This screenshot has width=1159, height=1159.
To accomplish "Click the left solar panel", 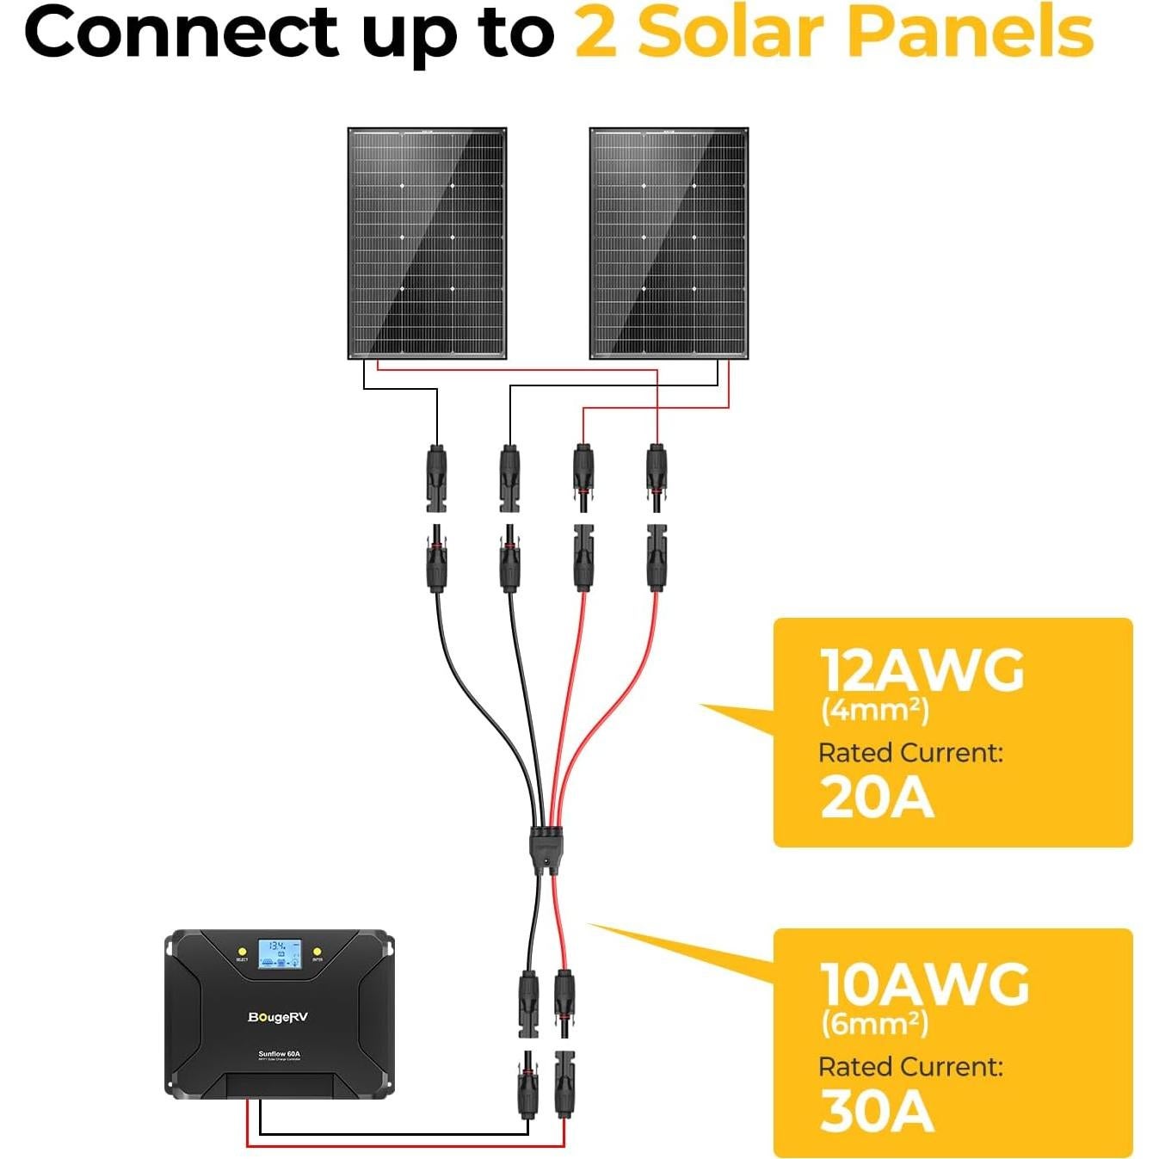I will (x=427, y=244).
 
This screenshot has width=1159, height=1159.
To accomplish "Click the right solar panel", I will (x=669, y=244).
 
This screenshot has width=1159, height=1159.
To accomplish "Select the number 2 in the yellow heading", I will (x=595, y=33).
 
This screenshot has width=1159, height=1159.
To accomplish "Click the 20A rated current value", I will (x=876, y=797).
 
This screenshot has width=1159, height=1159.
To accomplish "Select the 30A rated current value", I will (x=876, y=1111).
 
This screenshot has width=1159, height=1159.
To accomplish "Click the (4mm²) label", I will (x=874, y=711).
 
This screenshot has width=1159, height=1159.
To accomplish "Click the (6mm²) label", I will (x=874, y=1024).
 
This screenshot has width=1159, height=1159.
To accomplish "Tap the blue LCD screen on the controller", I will (x=280, y=953).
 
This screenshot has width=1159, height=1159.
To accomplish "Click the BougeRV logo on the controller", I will (x=277, y=1017).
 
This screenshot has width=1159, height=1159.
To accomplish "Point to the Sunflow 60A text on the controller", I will (x=279, y=1053).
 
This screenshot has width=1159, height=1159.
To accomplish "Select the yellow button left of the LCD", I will (x=242, y=951).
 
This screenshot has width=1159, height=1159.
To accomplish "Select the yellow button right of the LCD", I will (x=317, y=951).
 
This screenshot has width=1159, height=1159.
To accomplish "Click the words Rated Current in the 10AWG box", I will (x=910, y=1067).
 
